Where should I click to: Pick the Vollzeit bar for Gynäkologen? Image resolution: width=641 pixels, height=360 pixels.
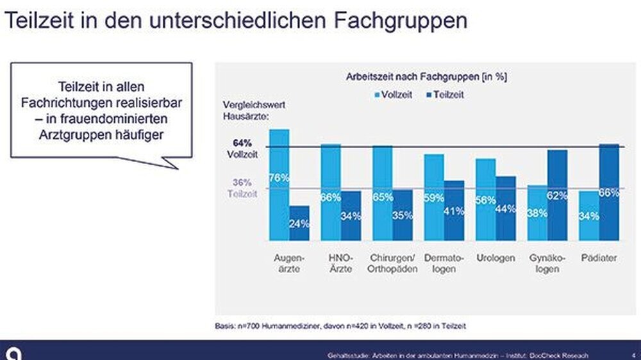[537, 213]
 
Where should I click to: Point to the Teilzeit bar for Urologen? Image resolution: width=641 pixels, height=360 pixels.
[506, 208]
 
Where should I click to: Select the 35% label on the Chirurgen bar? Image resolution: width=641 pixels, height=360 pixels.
[403, 215]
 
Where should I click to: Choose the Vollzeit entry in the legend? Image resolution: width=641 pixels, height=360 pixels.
[392, 94]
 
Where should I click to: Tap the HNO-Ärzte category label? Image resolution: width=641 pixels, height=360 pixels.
[341, 263]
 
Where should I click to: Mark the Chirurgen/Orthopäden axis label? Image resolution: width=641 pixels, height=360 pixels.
[392, 263]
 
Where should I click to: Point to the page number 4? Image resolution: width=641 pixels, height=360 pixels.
[633, 355]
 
